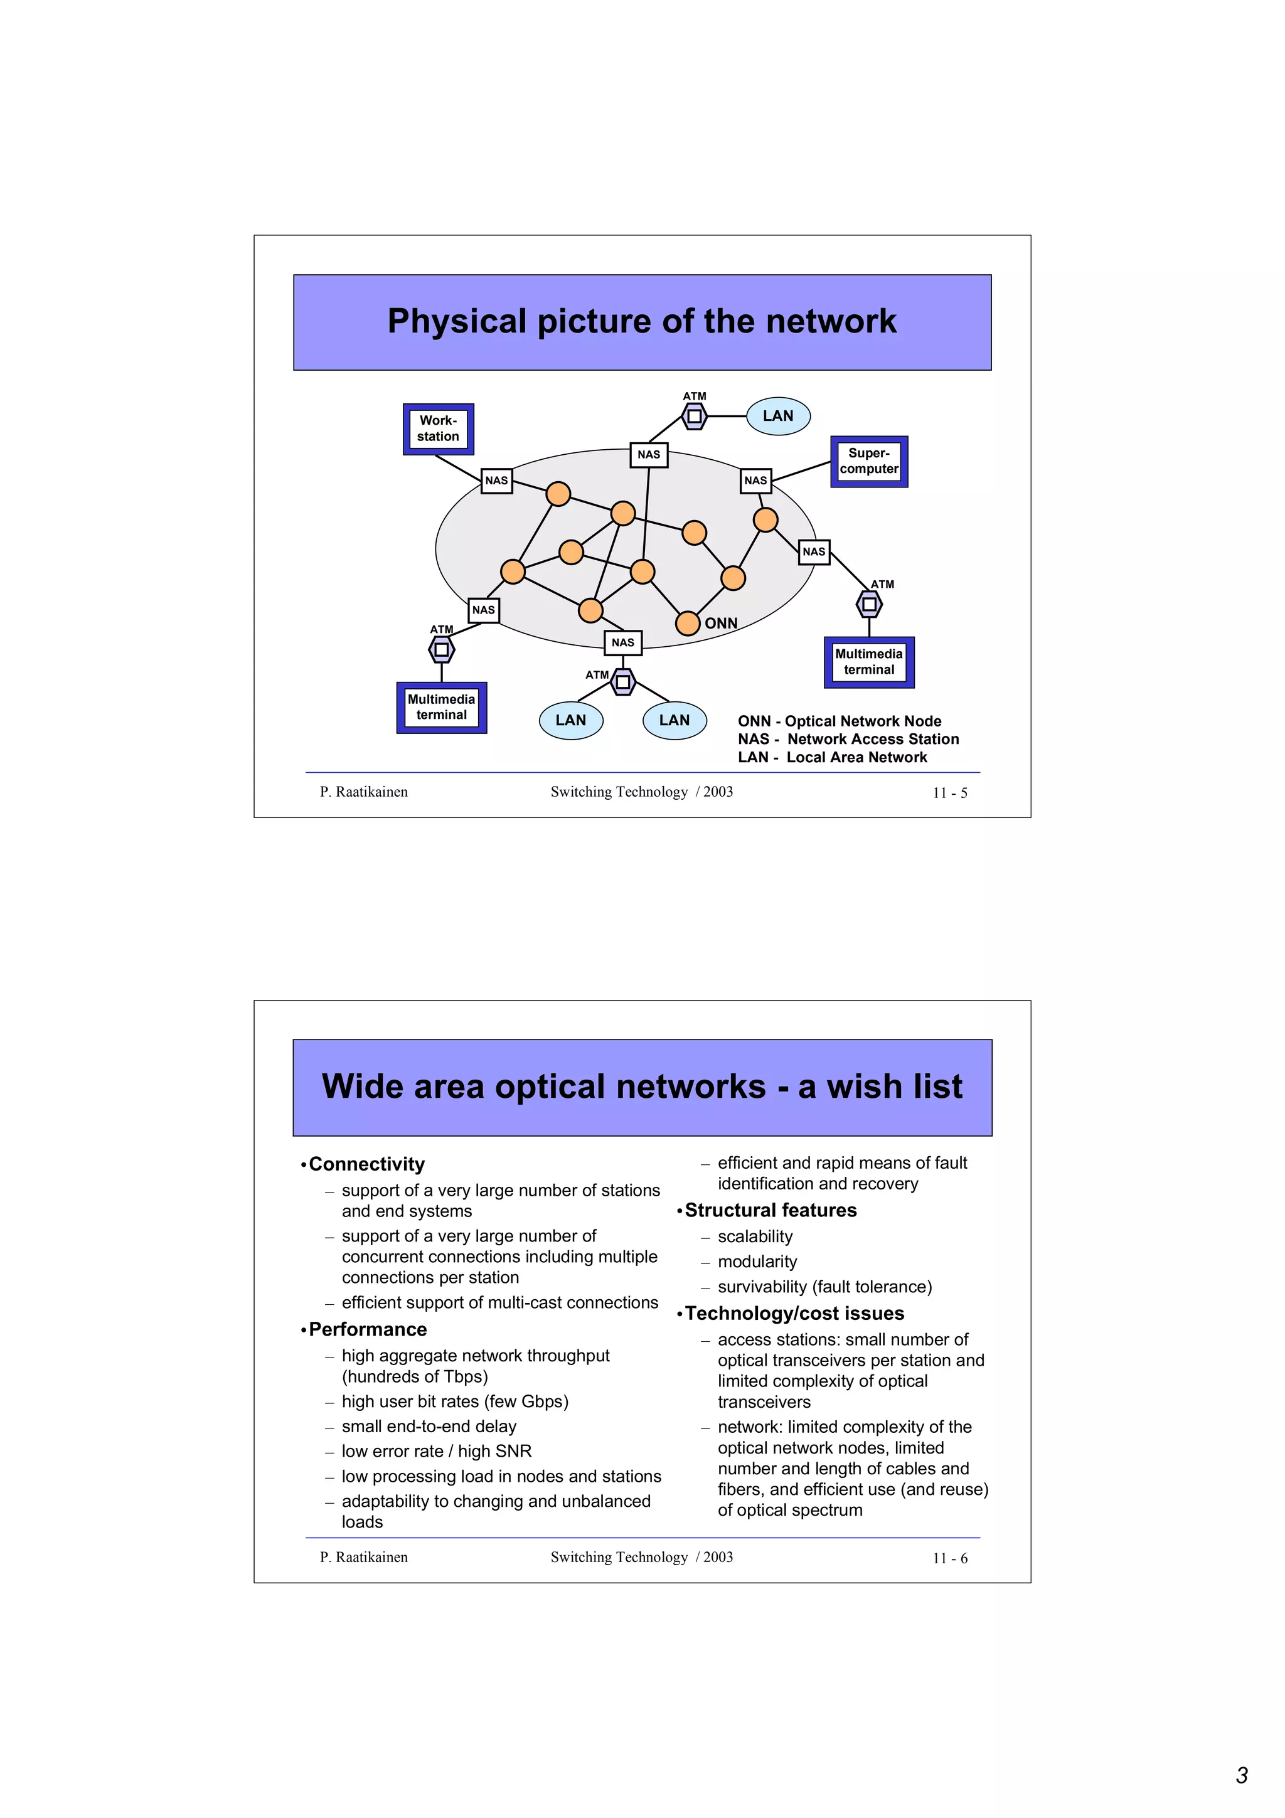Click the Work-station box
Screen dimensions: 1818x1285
(x=438, y=428)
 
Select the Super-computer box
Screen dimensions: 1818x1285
(x=868, y=461)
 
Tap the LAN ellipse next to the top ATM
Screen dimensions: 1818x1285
(x=777, y=416)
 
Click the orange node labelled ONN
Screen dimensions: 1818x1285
(x=687, y=623)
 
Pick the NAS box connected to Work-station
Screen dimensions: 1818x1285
(x=496, y=480)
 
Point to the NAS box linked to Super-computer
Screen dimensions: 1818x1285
(x=755, y=480)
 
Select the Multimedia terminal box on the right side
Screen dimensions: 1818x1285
(x=868, y=662)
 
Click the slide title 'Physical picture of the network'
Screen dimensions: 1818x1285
(x=641, y=321)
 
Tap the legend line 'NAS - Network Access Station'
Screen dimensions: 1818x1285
(x=848, y=739)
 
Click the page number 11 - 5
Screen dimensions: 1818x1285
(x=949, y=792)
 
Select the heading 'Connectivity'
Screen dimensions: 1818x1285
(x=366, y=1164)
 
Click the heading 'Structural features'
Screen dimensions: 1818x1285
(x=770, y=1210)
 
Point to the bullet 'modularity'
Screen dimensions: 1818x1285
(x=757, y=1262)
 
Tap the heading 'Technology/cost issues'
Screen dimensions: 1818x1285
(x=794, y=1313)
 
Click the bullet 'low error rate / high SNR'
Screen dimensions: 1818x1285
(x=436, y=1450)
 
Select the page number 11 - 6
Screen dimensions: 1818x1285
(x=949, y=1558)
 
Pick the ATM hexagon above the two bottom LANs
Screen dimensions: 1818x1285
(x=623, y=681)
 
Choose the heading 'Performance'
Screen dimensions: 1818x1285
(x=368, y=1329)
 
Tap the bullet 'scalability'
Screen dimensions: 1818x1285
(x=755, y=1236)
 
